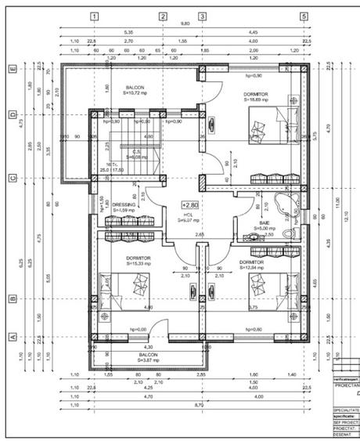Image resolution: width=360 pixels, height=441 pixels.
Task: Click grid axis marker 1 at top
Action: coord(94,16)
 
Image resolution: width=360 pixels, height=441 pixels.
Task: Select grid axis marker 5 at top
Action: coord(303,16)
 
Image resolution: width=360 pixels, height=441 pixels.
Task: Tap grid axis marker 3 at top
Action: coord(202,16)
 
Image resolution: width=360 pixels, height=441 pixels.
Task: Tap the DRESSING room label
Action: coord(124,205)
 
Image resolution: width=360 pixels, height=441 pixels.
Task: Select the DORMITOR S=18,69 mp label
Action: coord(255,96)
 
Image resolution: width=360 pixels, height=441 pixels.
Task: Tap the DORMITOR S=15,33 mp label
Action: coord(139,260)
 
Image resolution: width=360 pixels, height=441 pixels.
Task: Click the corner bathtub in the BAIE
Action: coord(294,207)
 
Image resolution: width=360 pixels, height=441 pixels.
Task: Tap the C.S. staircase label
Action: coord(136,153)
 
